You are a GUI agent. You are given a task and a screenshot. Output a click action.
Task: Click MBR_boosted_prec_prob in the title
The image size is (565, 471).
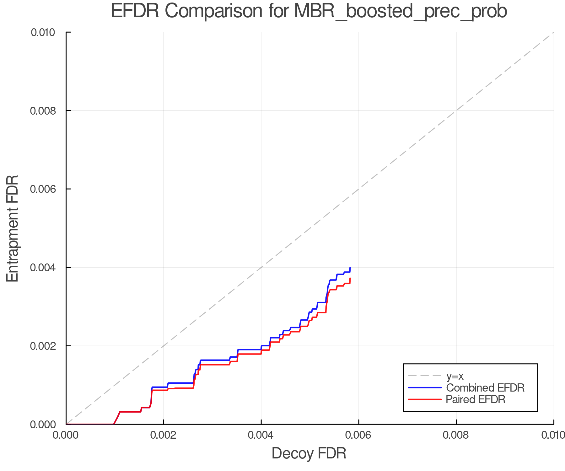point(401,12)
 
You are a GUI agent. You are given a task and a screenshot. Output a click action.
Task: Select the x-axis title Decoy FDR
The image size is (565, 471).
point(309,453)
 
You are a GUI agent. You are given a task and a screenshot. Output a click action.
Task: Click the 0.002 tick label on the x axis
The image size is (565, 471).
point(164,435)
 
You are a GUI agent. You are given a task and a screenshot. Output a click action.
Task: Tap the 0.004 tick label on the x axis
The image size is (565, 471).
point(261,435)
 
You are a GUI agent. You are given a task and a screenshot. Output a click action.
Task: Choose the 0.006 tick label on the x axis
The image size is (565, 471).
point(359,435)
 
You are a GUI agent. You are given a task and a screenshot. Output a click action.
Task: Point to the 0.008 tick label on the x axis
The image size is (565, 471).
point(456,435)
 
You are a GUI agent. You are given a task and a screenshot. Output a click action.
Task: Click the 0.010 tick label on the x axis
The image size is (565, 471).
point(553,435)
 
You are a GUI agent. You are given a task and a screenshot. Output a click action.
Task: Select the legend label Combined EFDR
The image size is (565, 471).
point(485,388)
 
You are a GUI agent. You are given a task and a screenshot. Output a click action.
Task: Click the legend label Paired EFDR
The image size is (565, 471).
point(476,399)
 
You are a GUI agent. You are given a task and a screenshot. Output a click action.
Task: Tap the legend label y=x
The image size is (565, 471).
point(455,376)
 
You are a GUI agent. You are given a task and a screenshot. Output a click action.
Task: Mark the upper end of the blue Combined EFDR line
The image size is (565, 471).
point(350,268)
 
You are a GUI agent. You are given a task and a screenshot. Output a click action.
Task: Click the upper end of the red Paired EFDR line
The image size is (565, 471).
point(350,278)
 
